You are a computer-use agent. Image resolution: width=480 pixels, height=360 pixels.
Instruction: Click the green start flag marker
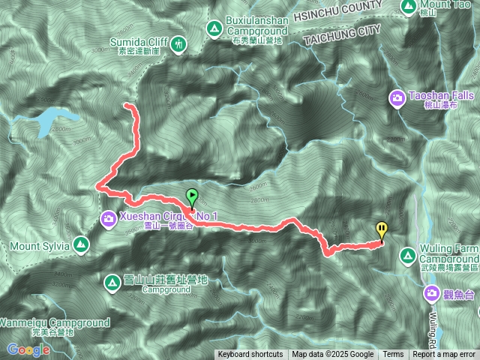[x=191, y=197]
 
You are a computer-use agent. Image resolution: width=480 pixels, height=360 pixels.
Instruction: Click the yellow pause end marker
[x=382, y=230]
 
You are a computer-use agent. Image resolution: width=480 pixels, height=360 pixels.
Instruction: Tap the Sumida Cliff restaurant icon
[x=178, y=44]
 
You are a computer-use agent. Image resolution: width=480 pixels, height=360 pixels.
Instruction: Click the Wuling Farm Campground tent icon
[x=407, y=256]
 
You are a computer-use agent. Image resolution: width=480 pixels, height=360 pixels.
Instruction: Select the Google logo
[x=28, y=349]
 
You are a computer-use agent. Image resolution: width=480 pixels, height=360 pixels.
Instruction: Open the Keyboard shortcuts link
[x=250, y=355]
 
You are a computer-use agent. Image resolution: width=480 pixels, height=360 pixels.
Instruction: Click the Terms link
[x=393, y=355]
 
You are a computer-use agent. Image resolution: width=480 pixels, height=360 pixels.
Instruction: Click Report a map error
[x=444, y=355]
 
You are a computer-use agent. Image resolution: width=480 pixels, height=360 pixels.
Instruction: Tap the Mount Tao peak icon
[x=409, y=7]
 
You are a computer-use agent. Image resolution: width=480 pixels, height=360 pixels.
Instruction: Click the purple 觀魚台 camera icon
[x=433, y=293]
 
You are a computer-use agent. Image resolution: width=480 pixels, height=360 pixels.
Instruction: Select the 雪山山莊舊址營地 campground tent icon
[x=109, y=282]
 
